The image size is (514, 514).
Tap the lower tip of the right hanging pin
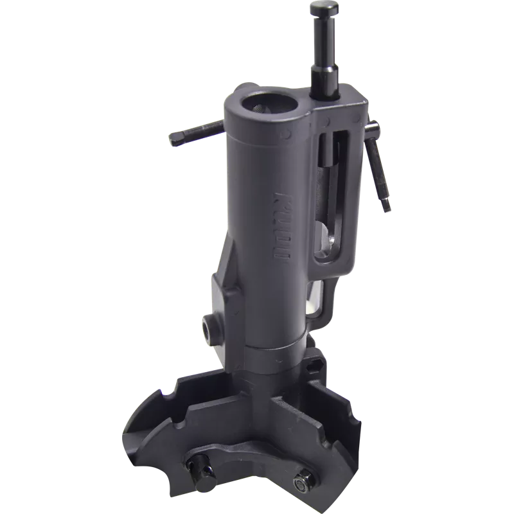coord(387,207)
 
